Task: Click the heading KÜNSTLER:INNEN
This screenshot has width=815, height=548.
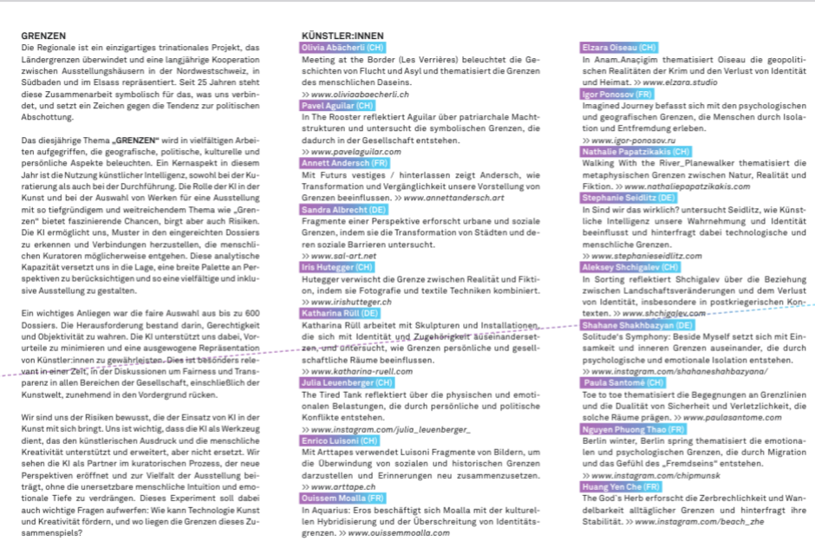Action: (x=342, y=36)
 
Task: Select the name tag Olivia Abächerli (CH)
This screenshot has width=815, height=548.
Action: (x=342, y=47)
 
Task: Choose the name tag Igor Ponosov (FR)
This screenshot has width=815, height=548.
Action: (x=616, y=93)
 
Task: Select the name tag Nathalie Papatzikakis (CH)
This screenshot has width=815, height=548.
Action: (x=636, y=152)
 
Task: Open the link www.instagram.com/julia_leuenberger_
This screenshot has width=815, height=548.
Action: (x=390, y=429)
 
